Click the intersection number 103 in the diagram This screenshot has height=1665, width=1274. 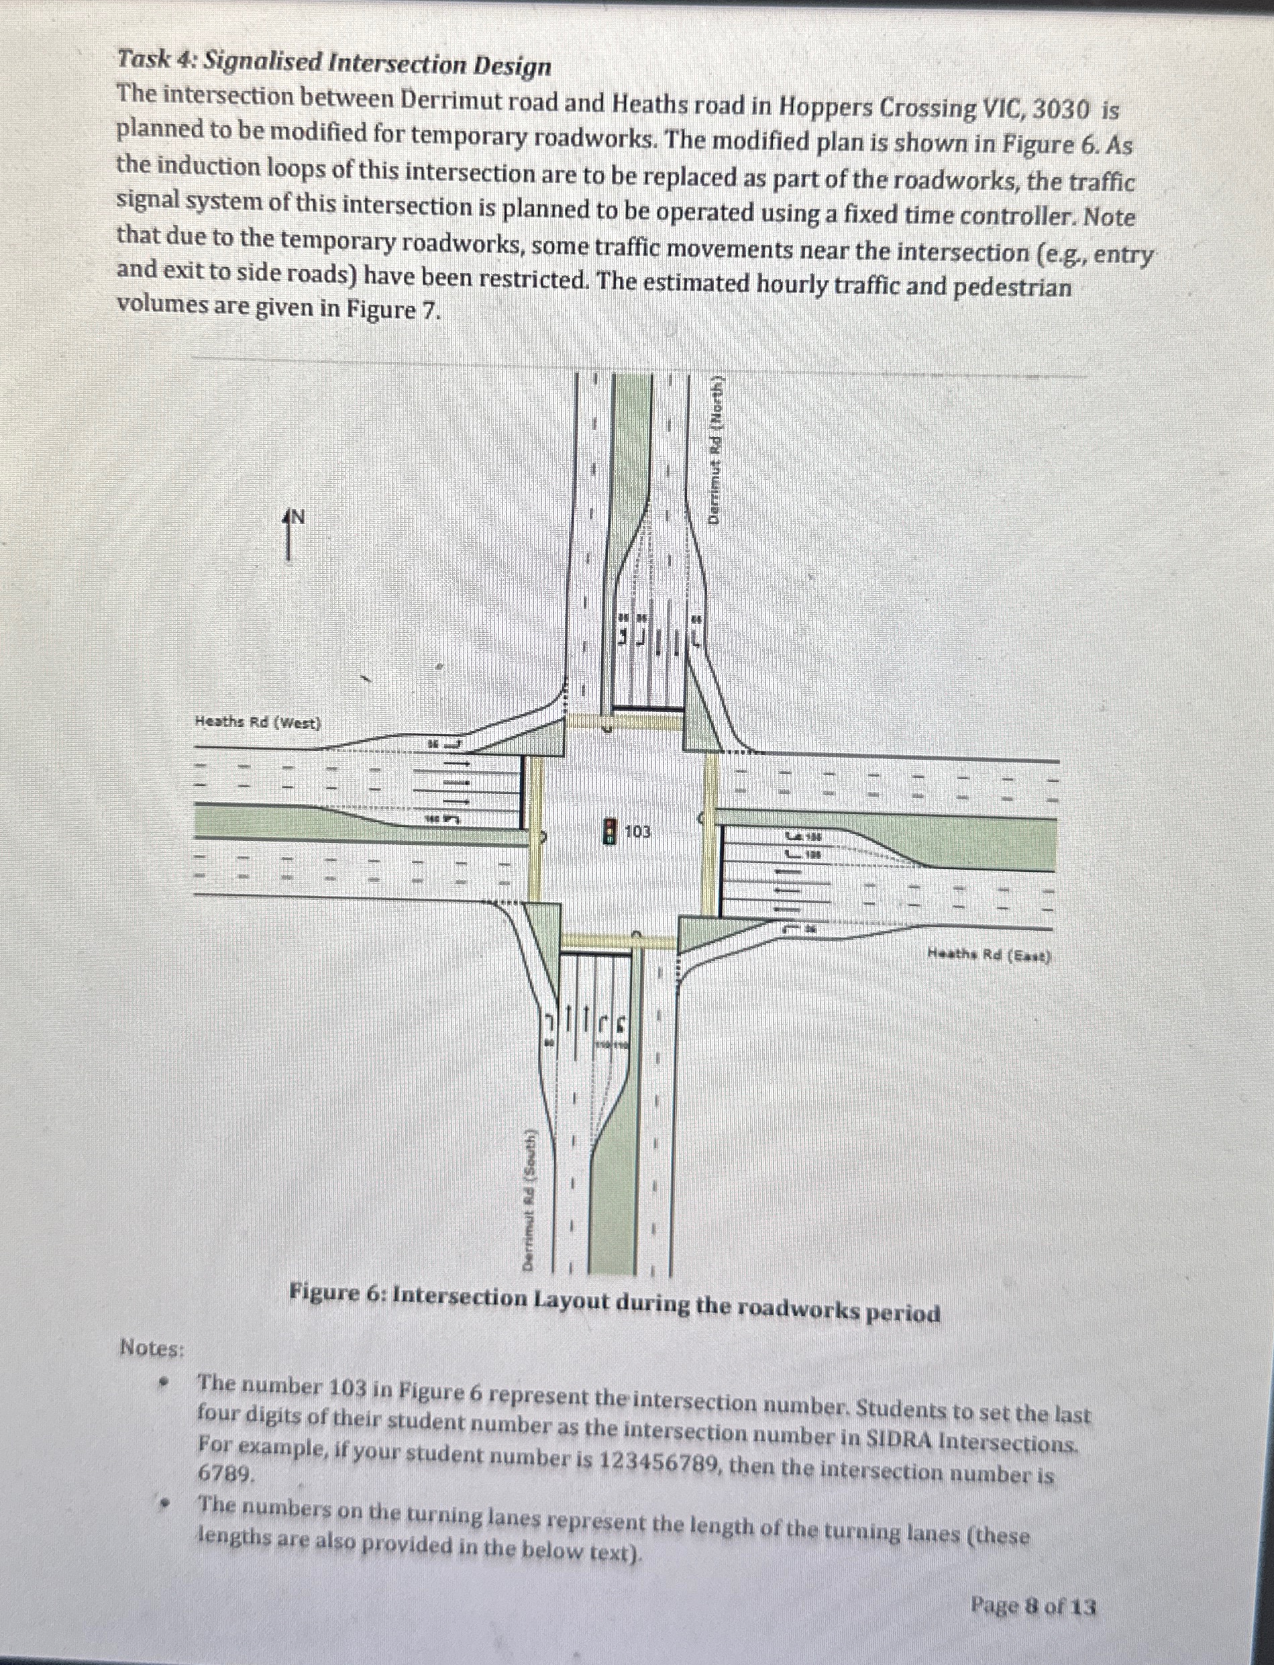[637, 832]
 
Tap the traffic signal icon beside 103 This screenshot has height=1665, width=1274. [609, 831]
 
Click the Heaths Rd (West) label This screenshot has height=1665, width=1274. [258, 722]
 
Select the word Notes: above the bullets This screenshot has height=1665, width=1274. [152, 1348]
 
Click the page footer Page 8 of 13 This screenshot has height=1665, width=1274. [1033, 1606]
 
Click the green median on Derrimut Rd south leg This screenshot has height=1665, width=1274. [613, 1199]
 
